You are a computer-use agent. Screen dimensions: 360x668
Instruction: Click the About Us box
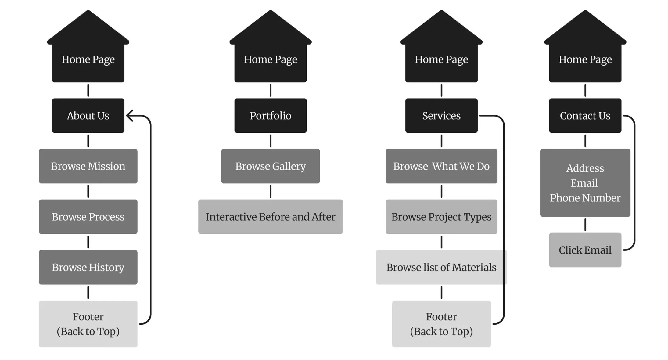coord(88,116)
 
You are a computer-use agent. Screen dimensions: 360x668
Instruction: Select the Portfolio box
coord(270,116)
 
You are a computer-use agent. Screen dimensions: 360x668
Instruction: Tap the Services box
coord(441,116)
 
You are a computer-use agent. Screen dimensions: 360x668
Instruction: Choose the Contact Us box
coord(585,116)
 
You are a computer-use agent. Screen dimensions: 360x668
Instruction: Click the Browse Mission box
coord(88,166)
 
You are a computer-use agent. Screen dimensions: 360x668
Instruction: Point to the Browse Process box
coord(88,217)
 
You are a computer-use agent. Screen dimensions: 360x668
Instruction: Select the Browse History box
coord(88,267)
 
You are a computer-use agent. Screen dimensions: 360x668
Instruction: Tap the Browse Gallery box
coord(270,166)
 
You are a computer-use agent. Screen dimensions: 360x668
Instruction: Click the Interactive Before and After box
coord(270,217)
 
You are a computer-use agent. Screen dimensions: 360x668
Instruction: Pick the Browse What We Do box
coord(441,166)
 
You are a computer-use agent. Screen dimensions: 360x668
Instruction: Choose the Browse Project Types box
coord(441,217)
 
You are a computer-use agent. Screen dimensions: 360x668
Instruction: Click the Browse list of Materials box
coord(441,267)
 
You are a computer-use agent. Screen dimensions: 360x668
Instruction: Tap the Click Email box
coord(585,250)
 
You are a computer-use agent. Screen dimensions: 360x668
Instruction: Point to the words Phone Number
coord(585,198)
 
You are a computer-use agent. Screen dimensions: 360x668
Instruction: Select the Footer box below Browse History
coord(88,324)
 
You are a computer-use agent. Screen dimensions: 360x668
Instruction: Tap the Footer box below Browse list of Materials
coord(441,324)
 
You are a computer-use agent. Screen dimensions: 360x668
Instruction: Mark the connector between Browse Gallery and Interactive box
coord(270,192)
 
